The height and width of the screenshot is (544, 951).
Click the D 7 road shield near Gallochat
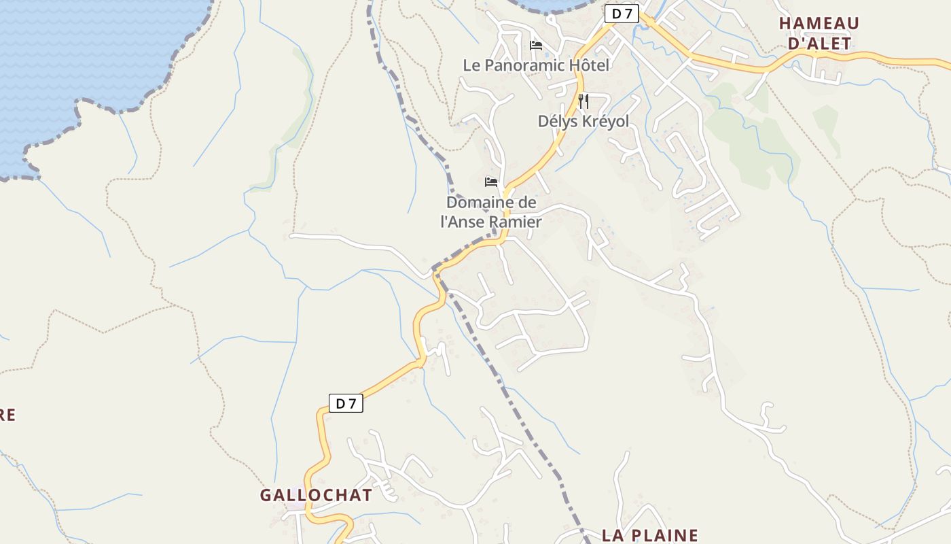click(346, 403)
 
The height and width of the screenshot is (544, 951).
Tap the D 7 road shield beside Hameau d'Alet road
click(622, 13)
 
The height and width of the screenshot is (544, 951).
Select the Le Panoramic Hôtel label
click(536, 65)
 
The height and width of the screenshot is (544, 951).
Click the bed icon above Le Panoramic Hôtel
click(536, 46)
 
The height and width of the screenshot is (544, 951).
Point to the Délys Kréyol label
click(584, 121)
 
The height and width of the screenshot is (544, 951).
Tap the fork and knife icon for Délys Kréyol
click(583, 101)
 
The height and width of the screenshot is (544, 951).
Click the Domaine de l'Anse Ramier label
click(491, 212)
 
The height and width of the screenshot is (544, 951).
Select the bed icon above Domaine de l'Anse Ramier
click(491, 182)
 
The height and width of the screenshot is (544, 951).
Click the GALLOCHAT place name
click(316, 495)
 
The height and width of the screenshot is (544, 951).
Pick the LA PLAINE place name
click(650, 535)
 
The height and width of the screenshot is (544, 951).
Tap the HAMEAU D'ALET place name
click(819, 33)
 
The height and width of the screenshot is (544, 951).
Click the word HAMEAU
click(819, 23)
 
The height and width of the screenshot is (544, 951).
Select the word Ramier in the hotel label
click(518, 222)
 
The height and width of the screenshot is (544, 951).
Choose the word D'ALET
click(819, 44)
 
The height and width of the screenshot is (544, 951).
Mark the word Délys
click(556, 121)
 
